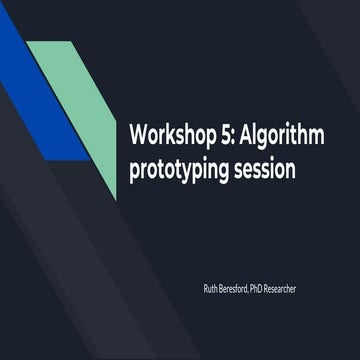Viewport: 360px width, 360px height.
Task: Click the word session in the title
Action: tap(263, 169)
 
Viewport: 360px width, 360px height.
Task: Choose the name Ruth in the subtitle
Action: tap(210, 289)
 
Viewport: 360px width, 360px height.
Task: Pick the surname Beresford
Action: tap(237, 289)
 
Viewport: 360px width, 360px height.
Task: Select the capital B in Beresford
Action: tap(222, 289)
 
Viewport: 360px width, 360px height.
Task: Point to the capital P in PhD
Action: tap(261, 289)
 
